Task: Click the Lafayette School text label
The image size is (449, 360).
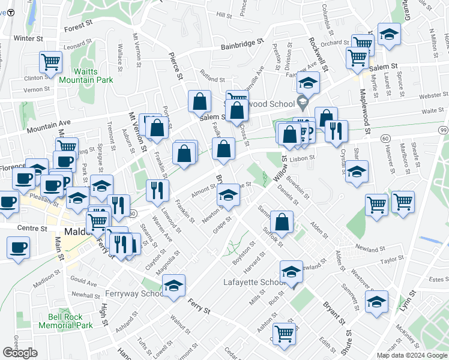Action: pos(255,282)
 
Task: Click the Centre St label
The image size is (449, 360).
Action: pos(32,229)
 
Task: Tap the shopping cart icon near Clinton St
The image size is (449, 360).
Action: pos(51,61)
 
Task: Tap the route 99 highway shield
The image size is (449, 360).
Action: pos(442,130)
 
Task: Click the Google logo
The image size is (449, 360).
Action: pos(20,353)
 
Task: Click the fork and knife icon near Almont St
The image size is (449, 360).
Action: pos(157,190)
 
